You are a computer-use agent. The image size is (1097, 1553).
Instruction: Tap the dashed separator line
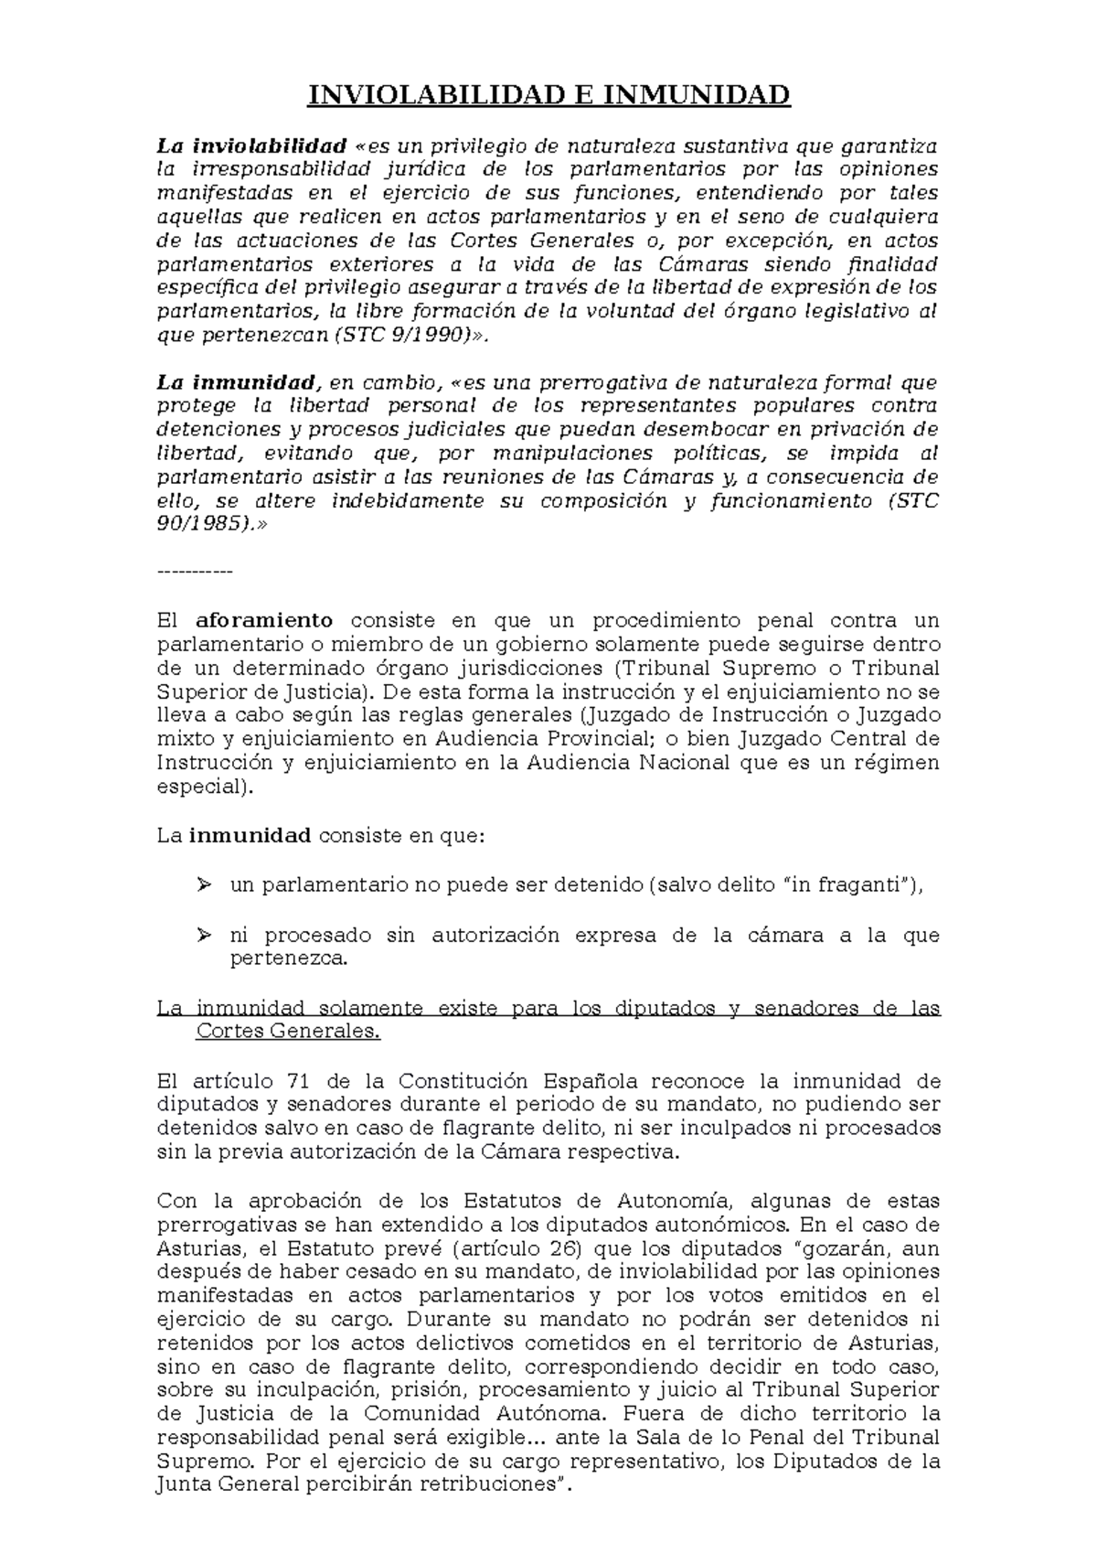click(x=195, y=573)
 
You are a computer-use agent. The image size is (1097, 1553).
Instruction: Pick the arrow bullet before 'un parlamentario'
click(x=203, y=884)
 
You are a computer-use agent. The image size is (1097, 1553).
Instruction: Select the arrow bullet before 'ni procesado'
click(x=203, y=934)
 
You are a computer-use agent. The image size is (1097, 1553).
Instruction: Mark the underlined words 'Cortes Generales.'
click(x=288, y=1032)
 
